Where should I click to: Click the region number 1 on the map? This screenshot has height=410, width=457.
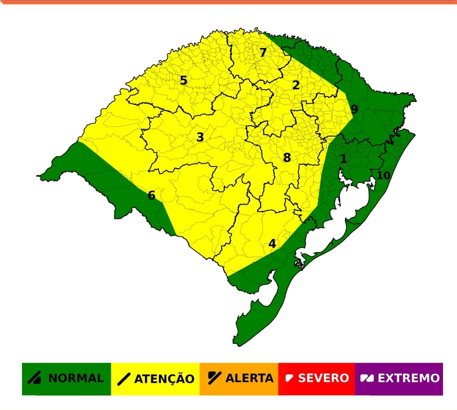click(x=343, y=159)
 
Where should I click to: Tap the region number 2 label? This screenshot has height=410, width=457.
click(x=296, y=85)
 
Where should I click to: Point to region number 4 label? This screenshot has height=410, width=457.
click(x=272, y=243)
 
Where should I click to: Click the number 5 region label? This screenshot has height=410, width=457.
click(x=183, y=80)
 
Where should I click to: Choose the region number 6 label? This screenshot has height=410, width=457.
click(x=151, y=195)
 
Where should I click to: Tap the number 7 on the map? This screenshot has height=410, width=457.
click(x=263, y=52)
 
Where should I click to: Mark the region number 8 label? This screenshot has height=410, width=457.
click(x=287, y=158)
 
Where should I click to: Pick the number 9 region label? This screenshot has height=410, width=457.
click(x=354, y=109)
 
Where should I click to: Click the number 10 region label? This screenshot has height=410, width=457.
click(x=383, y=175)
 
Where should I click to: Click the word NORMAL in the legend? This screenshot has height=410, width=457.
click(x=76, y=378)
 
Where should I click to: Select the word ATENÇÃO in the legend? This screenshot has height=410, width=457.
click(x=164, y=378)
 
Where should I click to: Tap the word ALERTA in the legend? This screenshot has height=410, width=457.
click(x=249, y=378)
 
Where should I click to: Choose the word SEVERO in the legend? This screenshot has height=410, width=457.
click(x=323, y=378)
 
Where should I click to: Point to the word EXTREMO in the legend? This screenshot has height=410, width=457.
click(x=408, y=378)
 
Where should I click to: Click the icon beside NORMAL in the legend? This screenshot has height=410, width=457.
click(x=34, y=378)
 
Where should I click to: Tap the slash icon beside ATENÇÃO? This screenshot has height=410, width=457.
click(x=124, y=378)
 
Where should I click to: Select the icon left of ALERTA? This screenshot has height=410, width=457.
click(x=214, y=377)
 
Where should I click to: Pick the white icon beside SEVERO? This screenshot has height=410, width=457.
click(x=289, y=378)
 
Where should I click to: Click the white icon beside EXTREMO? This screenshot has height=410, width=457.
click(x=367, y=378)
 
